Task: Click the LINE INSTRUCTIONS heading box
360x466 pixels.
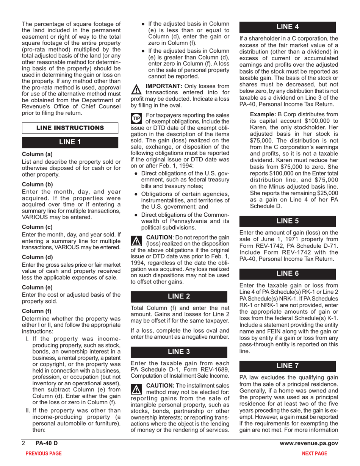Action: coord(70,128)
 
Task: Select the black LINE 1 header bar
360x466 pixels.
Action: coord(70,142)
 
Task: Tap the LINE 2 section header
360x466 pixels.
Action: coord(179,297)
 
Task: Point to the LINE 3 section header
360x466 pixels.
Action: coord(179,352)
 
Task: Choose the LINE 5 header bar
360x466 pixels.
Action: coord(288,221)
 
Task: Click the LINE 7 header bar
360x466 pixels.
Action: coord(288,366)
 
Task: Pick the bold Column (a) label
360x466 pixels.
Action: coord(37,154)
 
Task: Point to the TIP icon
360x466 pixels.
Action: coord(136,118)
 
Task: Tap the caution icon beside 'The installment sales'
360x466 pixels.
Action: coord(135,388)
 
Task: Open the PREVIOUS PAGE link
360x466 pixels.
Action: coord(43,453)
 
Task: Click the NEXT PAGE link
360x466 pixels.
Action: coord(314,453)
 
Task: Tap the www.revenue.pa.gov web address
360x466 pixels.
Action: coord(309,443)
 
